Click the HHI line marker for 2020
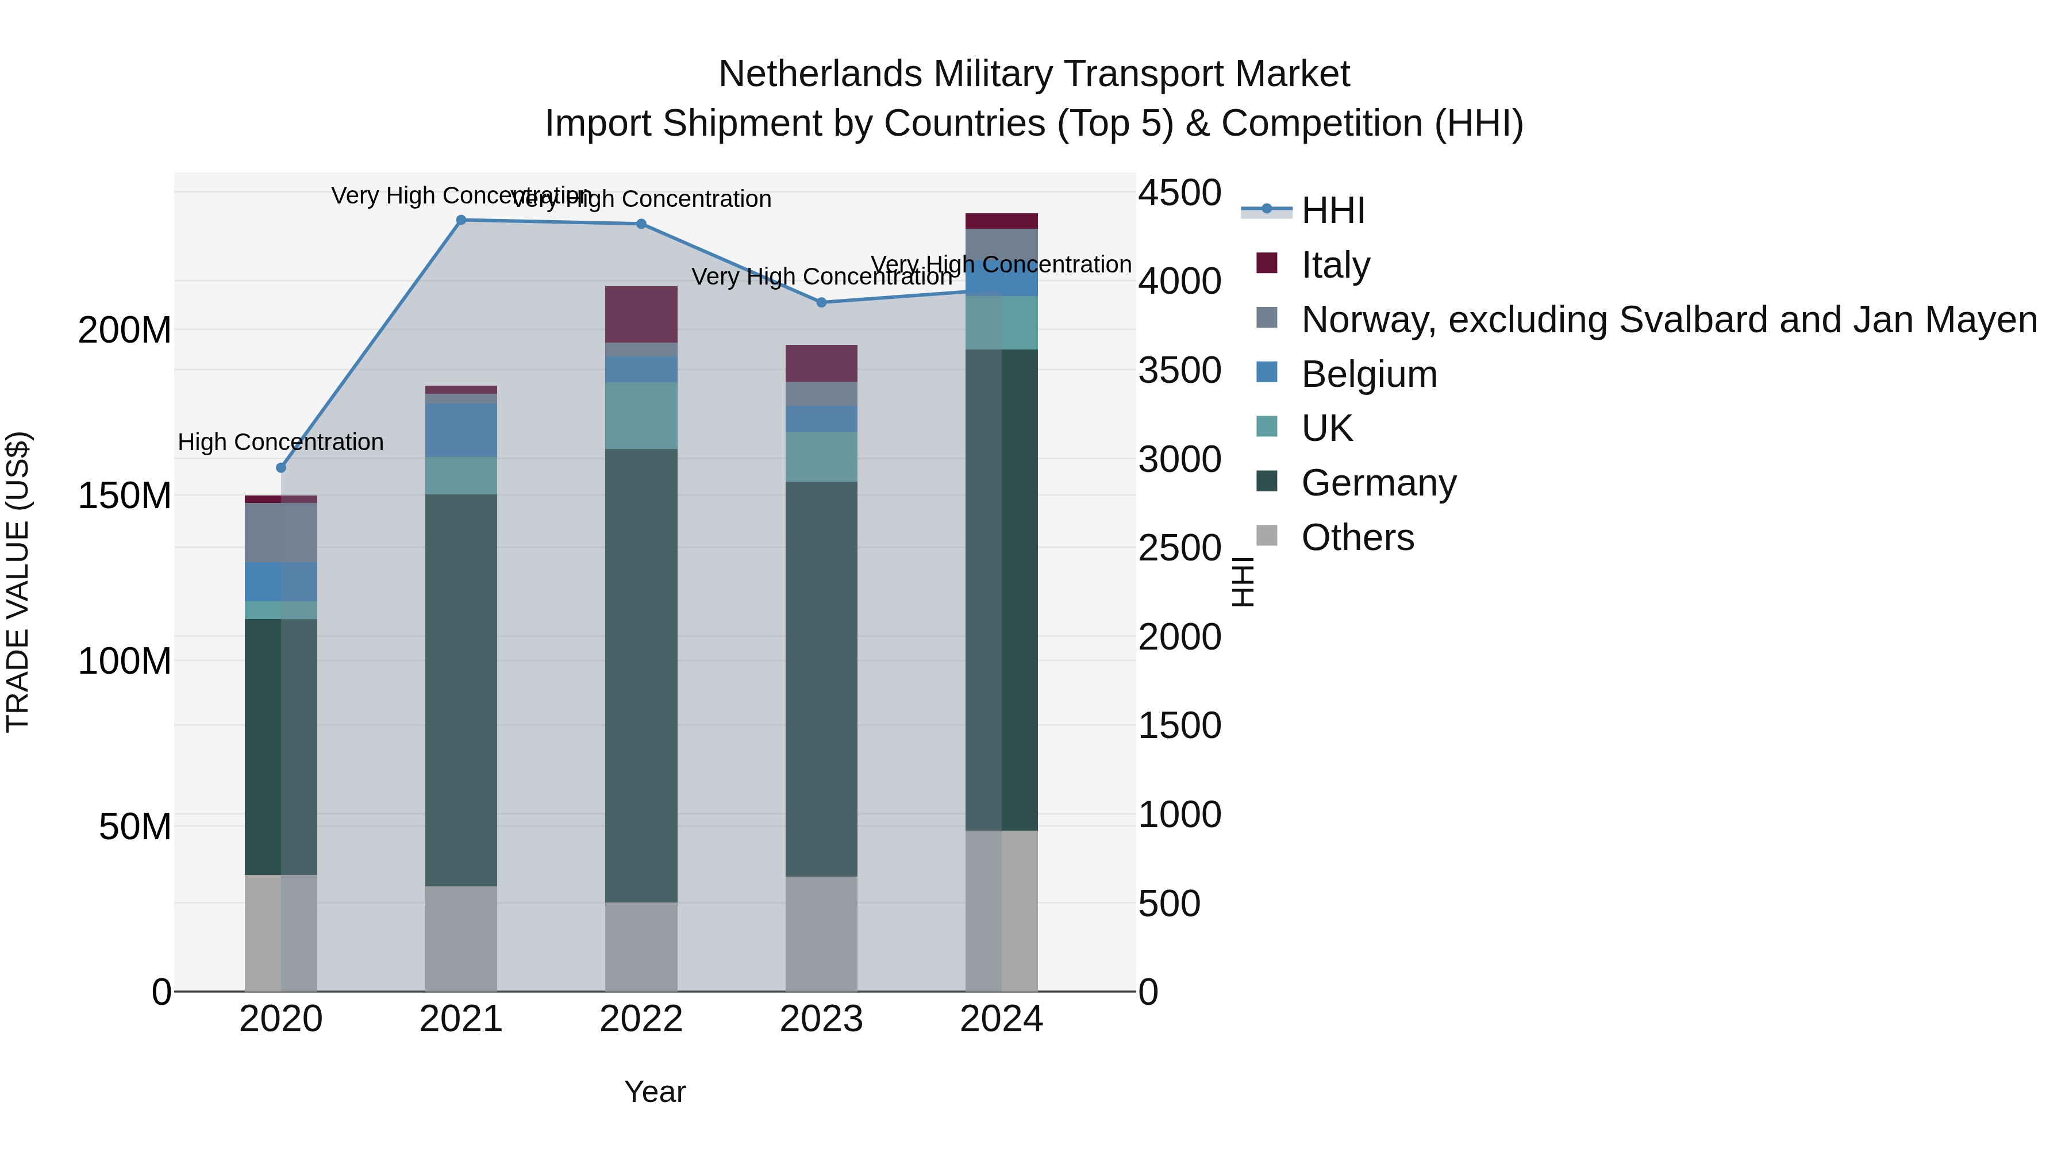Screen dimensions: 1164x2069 tap(281, 467)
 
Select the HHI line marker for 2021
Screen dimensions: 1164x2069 tap(461, 220)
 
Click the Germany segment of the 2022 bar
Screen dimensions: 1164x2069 tap(641, 675)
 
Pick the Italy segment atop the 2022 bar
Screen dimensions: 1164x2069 tap(641, 314)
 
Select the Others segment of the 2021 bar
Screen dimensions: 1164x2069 tap(461, 938)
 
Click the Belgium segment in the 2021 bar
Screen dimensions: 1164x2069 tap(461, 430)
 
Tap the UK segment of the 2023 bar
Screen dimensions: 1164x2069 tap(821, 457)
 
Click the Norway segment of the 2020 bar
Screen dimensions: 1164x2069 tap(281, 533)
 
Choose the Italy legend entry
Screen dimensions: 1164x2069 tap(1335, 264)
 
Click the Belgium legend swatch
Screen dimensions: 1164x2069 tap(1267, 374)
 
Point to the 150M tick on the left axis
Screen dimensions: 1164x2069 tap(125, 495)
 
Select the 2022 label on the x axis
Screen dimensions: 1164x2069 tap(641, 1019)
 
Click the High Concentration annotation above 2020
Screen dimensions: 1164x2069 tap(281, 442)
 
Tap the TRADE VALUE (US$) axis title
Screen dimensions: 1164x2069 tap(18, 582)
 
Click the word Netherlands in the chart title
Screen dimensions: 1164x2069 tap(820, 74)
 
